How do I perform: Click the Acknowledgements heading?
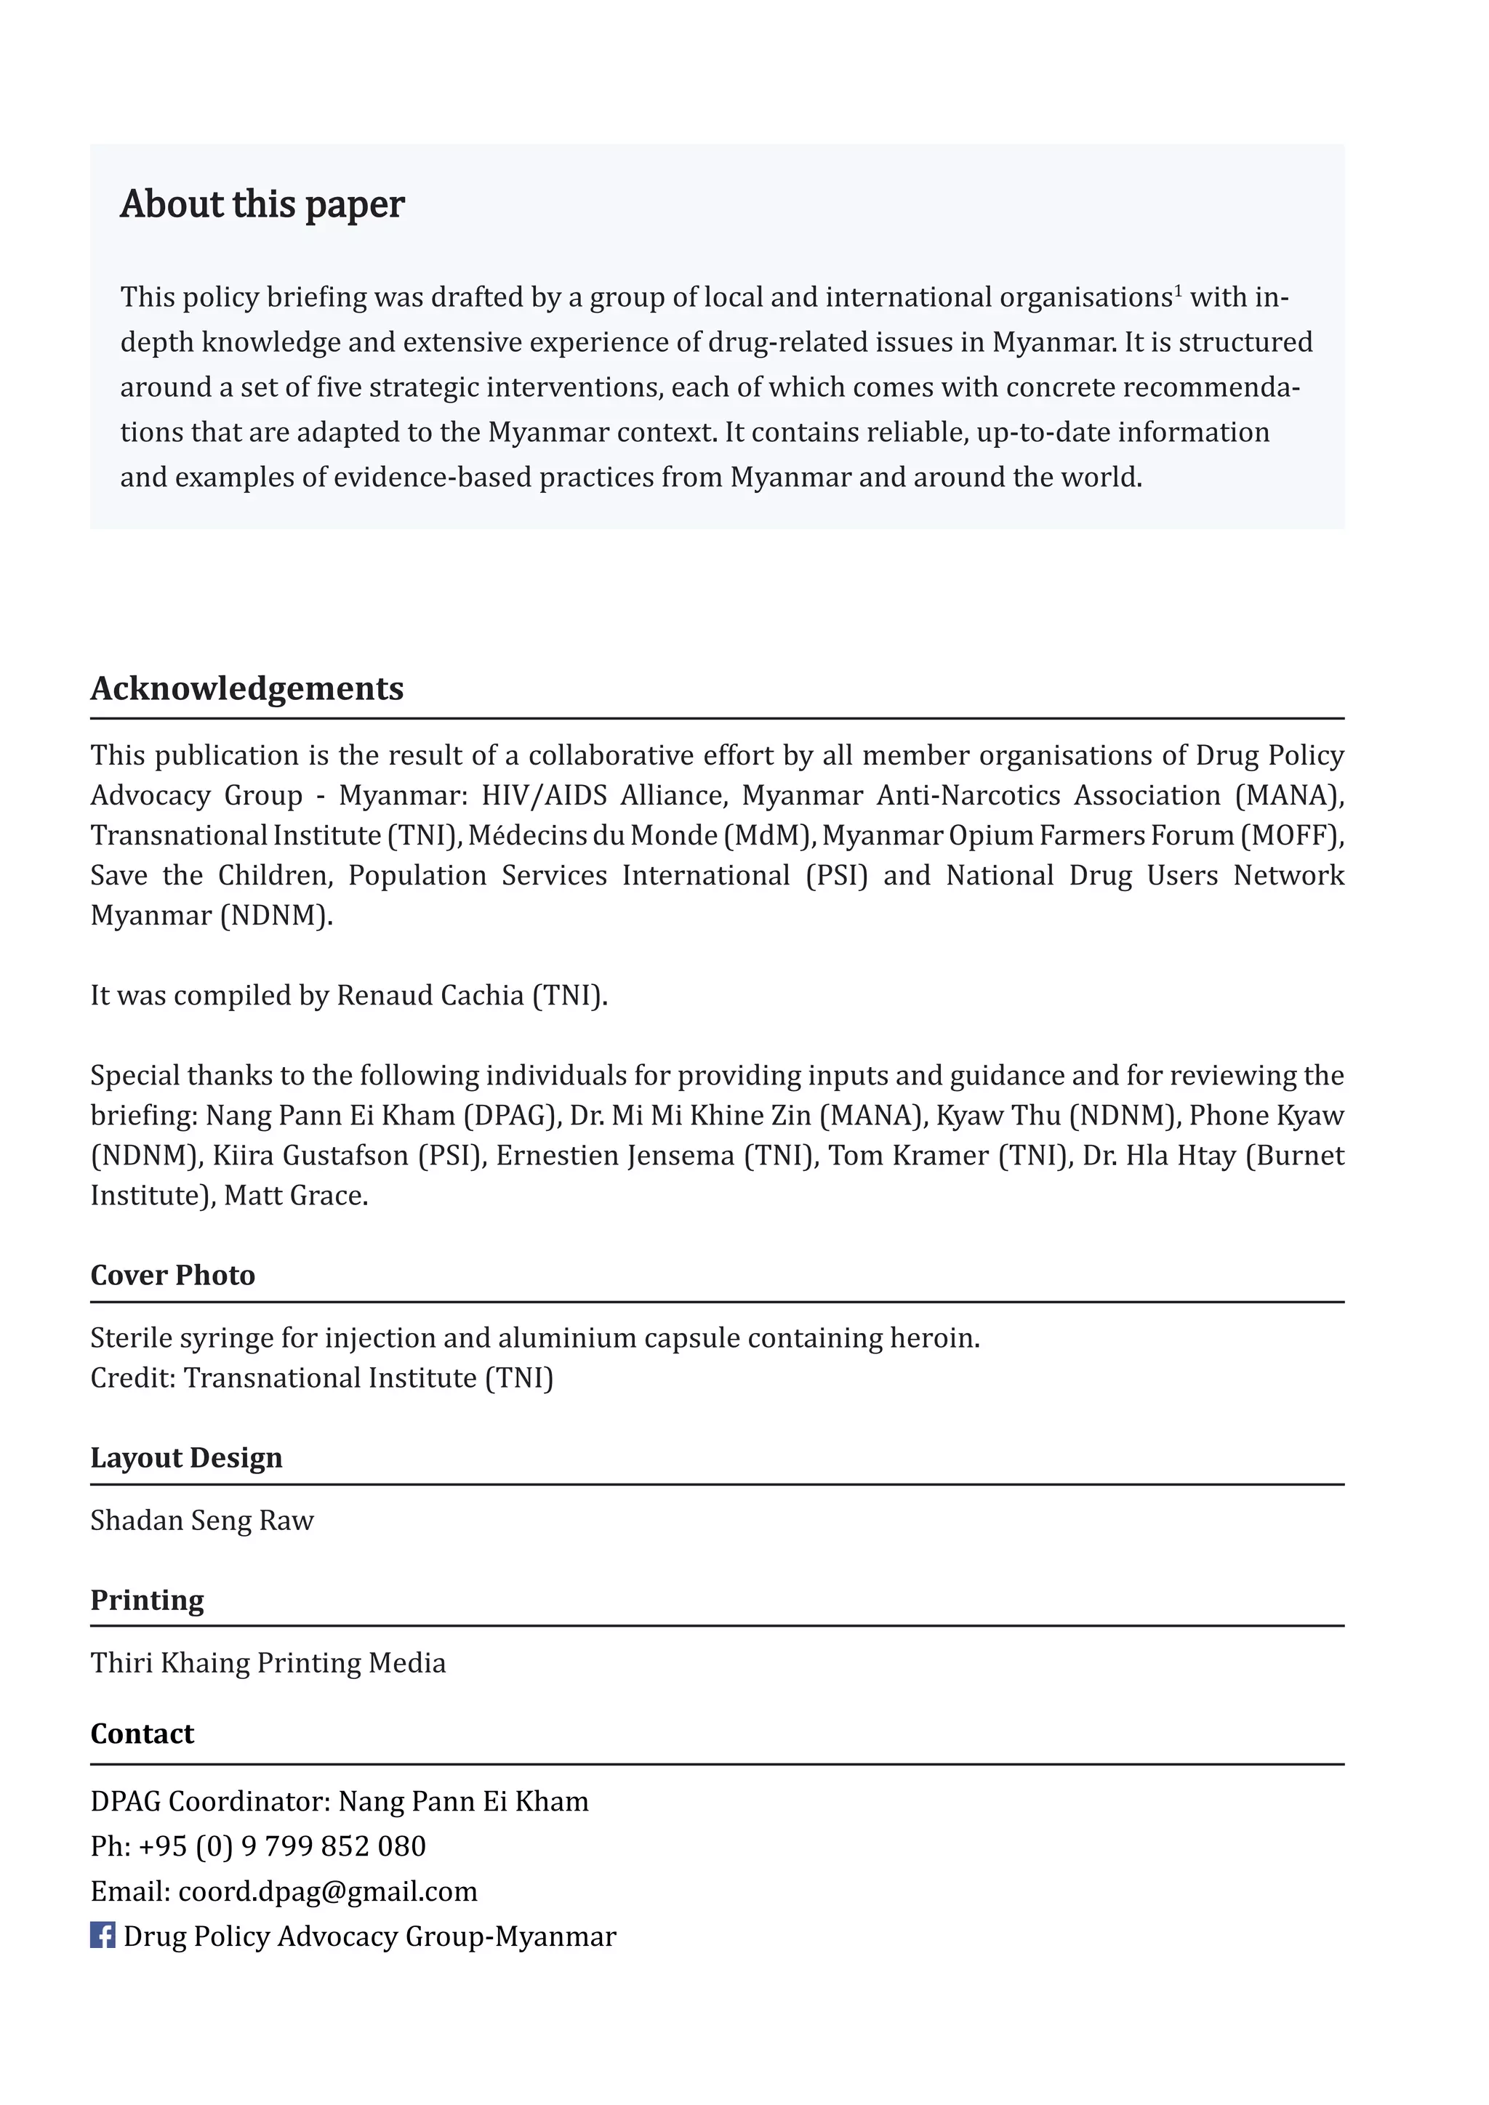pos(246,688)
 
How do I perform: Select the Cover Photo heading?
pos(172,1276)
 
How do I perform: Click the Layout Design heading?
pos(186,1458)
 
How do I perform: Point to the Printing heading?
pos(147,1600)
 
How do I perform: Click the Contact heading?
pos(142,1734)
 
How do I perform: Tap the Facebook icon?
pos(102,1936)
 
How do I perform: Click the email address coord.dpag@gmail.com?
pos(327,1891)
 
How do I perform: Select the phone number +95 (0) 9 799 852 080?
pos(281,1846)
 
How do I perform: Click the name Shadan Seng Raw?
pos(201,1520)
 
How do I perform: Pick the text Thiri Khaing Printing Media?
pos(268,1662)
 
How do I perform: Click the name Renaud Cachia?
pos(430,995)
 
